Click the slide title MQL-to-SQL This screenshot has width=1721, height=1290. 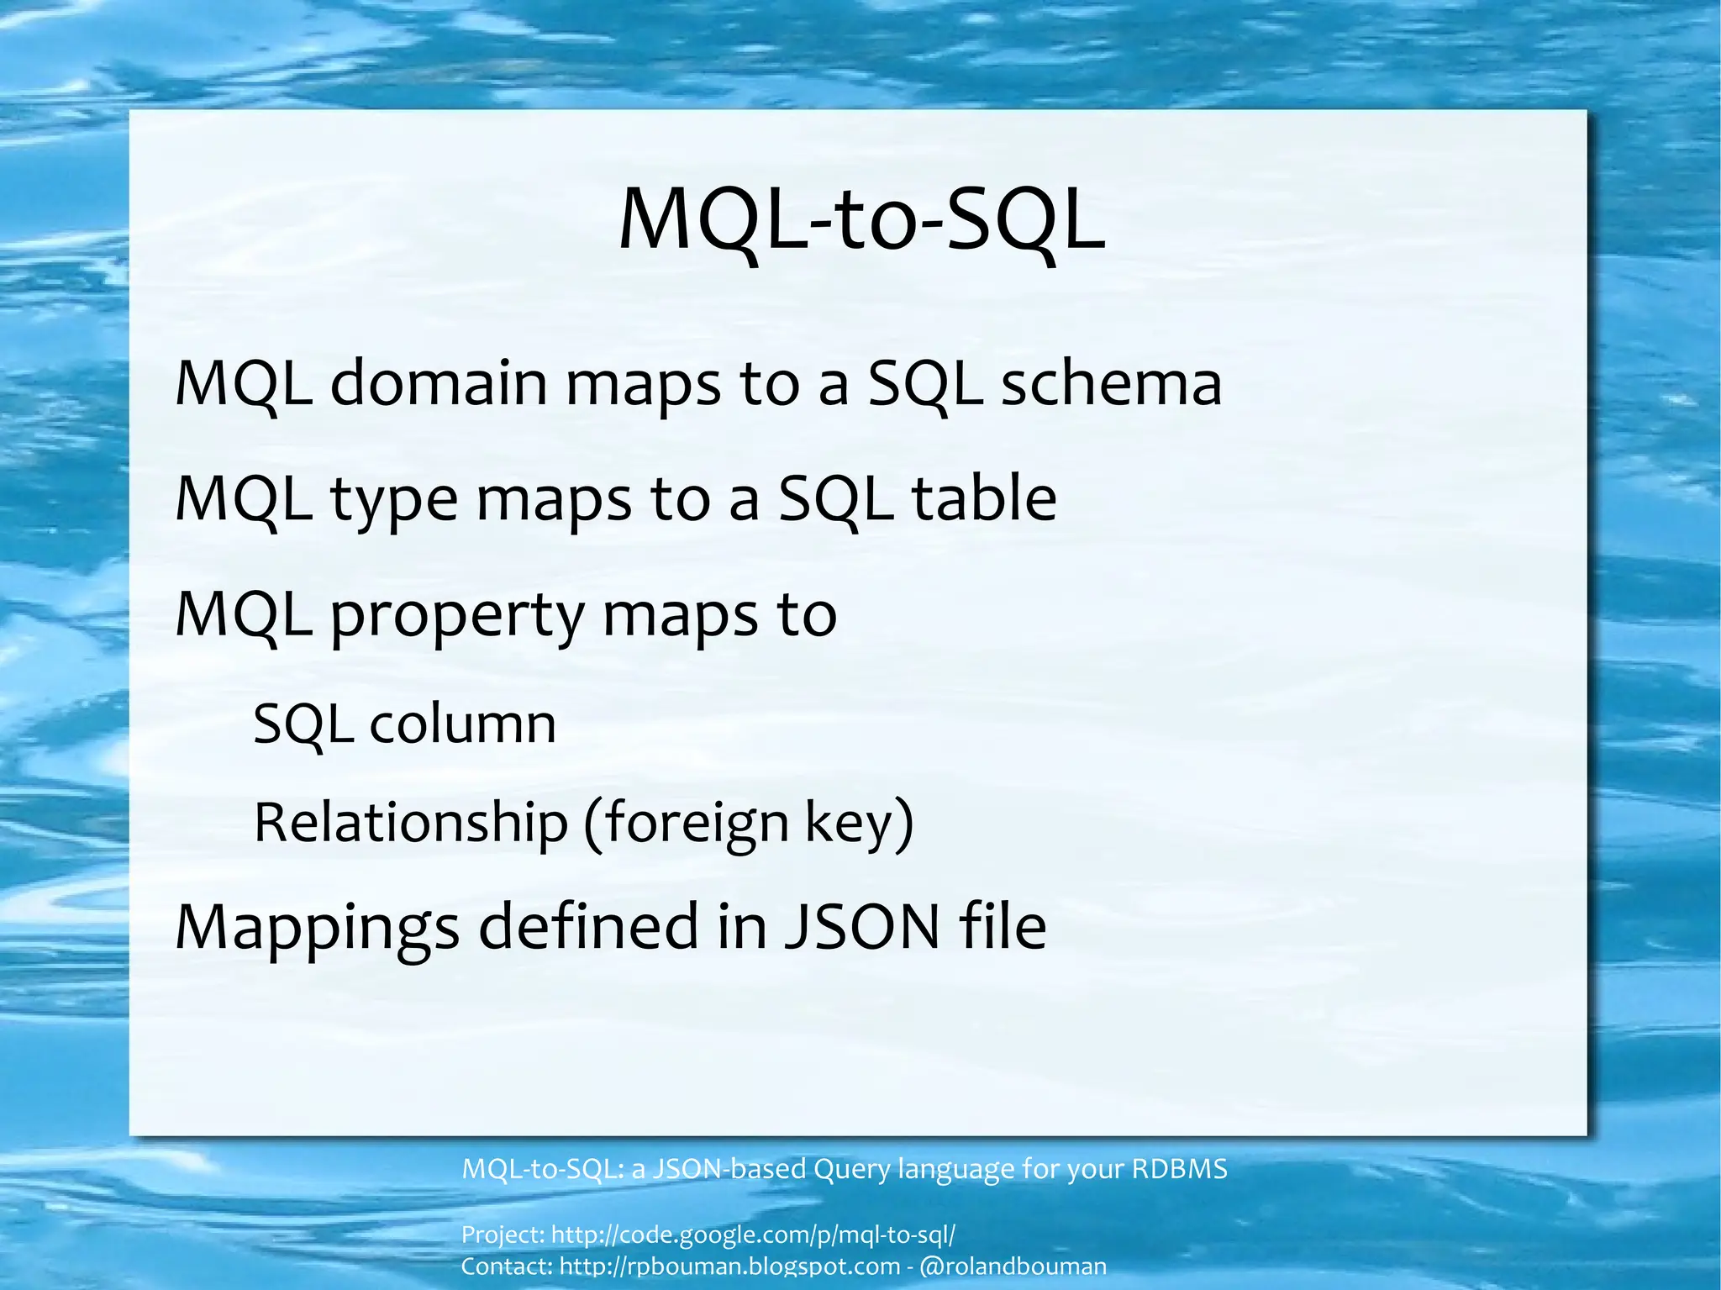point(860,221)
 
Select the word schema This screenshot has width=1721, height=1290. point(1111,383)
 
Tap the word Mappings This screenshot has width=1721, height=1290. point(317,928)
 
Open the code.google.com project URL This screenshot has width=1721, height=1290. point(753,1235)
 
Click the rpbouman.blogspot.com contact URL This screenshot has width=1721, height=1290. point(729,1266)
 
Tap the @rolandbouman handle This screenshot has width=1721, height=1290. point(1013,1266)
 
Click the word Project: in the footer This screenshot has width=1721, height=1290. point(503,1235)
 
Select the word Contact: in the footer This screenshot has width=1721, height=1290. point(507,1266)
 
